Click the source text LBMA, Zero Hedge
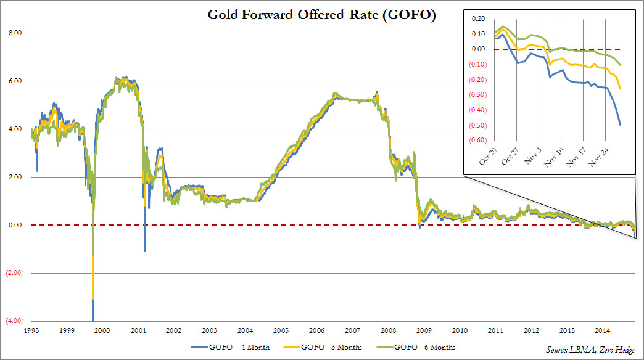[x=590, y=350]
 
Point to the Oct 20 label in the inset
[x=484, y=159]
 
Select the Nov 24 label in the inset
[x=596, y=159]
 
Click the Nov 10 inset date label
[x=551, y=159]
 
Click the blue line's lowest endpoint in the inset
[x=620, y=125]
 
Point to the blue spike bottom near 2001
[x=145, y=252]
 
